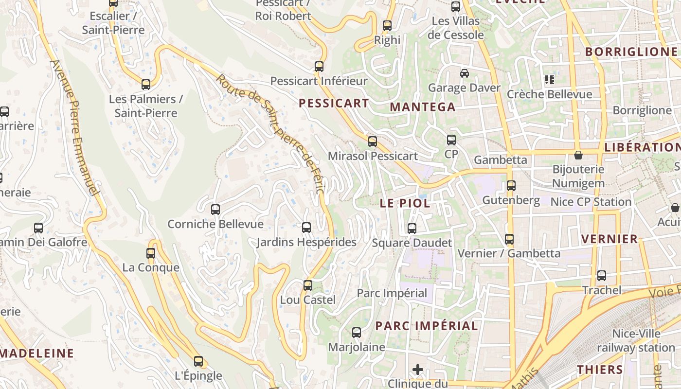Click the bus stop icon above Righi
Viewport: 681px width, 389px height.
click(387, 26)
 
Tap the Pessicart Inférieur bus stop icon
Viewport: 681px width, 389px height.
click(319, 67)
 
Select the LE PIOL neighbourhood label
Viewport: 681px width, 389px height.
click(405, 203)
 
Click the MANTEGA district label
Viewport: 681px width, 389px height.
click(423, 107)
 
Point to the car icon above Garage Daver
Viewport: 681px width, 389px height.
click(465, 73)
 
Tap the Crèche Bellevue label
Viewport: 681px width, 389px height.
click(550, 94)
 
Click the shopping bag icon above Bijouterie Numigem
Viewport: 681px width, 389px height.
click(578, 155)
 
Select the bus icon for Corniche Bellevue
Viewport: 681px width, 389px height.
click(215, 210)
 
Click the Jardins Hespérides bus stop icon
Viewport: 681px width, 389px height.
click(306, 228)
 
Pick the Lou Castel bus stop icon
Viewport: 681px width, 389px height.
click(308, 285)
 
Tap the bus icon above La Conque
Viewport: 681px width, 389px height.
click(151, 253)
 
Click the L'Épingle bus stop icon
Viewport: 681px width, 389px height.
click(198, 361)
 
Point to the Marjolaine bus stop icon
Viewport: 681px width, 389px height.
click(357, 333)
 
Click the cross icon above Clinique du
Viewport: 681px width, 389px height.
click(417, 370)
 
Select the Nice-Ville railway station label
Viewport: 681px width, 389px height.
click(636, 341)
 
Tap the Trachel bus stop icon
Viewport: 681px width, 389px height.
click(602, 276)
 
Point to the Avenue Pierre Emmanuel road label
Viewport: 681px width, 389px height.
click(77, 128)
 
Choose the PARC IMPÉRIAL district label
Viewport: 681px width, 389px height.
click(427, 326)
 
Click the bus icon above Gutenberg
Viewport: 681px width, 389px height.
click(511, 186)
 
